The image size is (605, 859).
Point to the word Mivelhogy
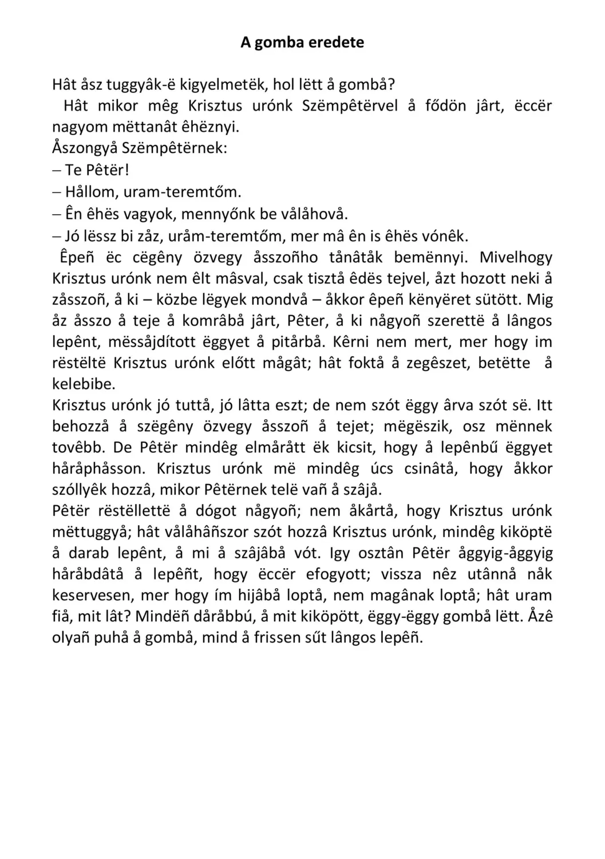(516, 257)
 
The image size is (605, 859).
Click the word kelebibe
(84, 384)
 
